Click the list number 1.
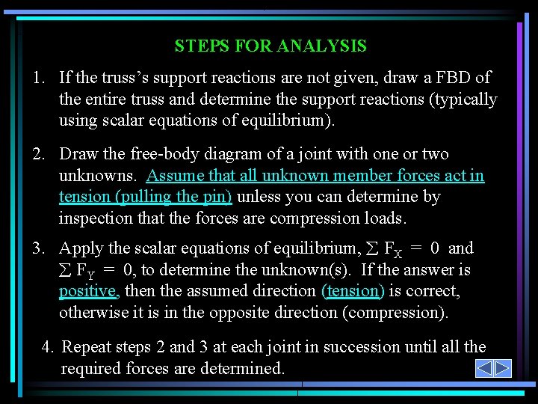37,77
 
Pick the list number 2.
37,154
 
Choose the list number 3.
37,248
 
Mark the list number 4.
47,347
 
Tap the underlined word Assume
173,176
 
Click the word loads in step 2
386,219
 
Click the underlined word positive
87,291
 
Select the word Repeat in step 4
86,347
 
